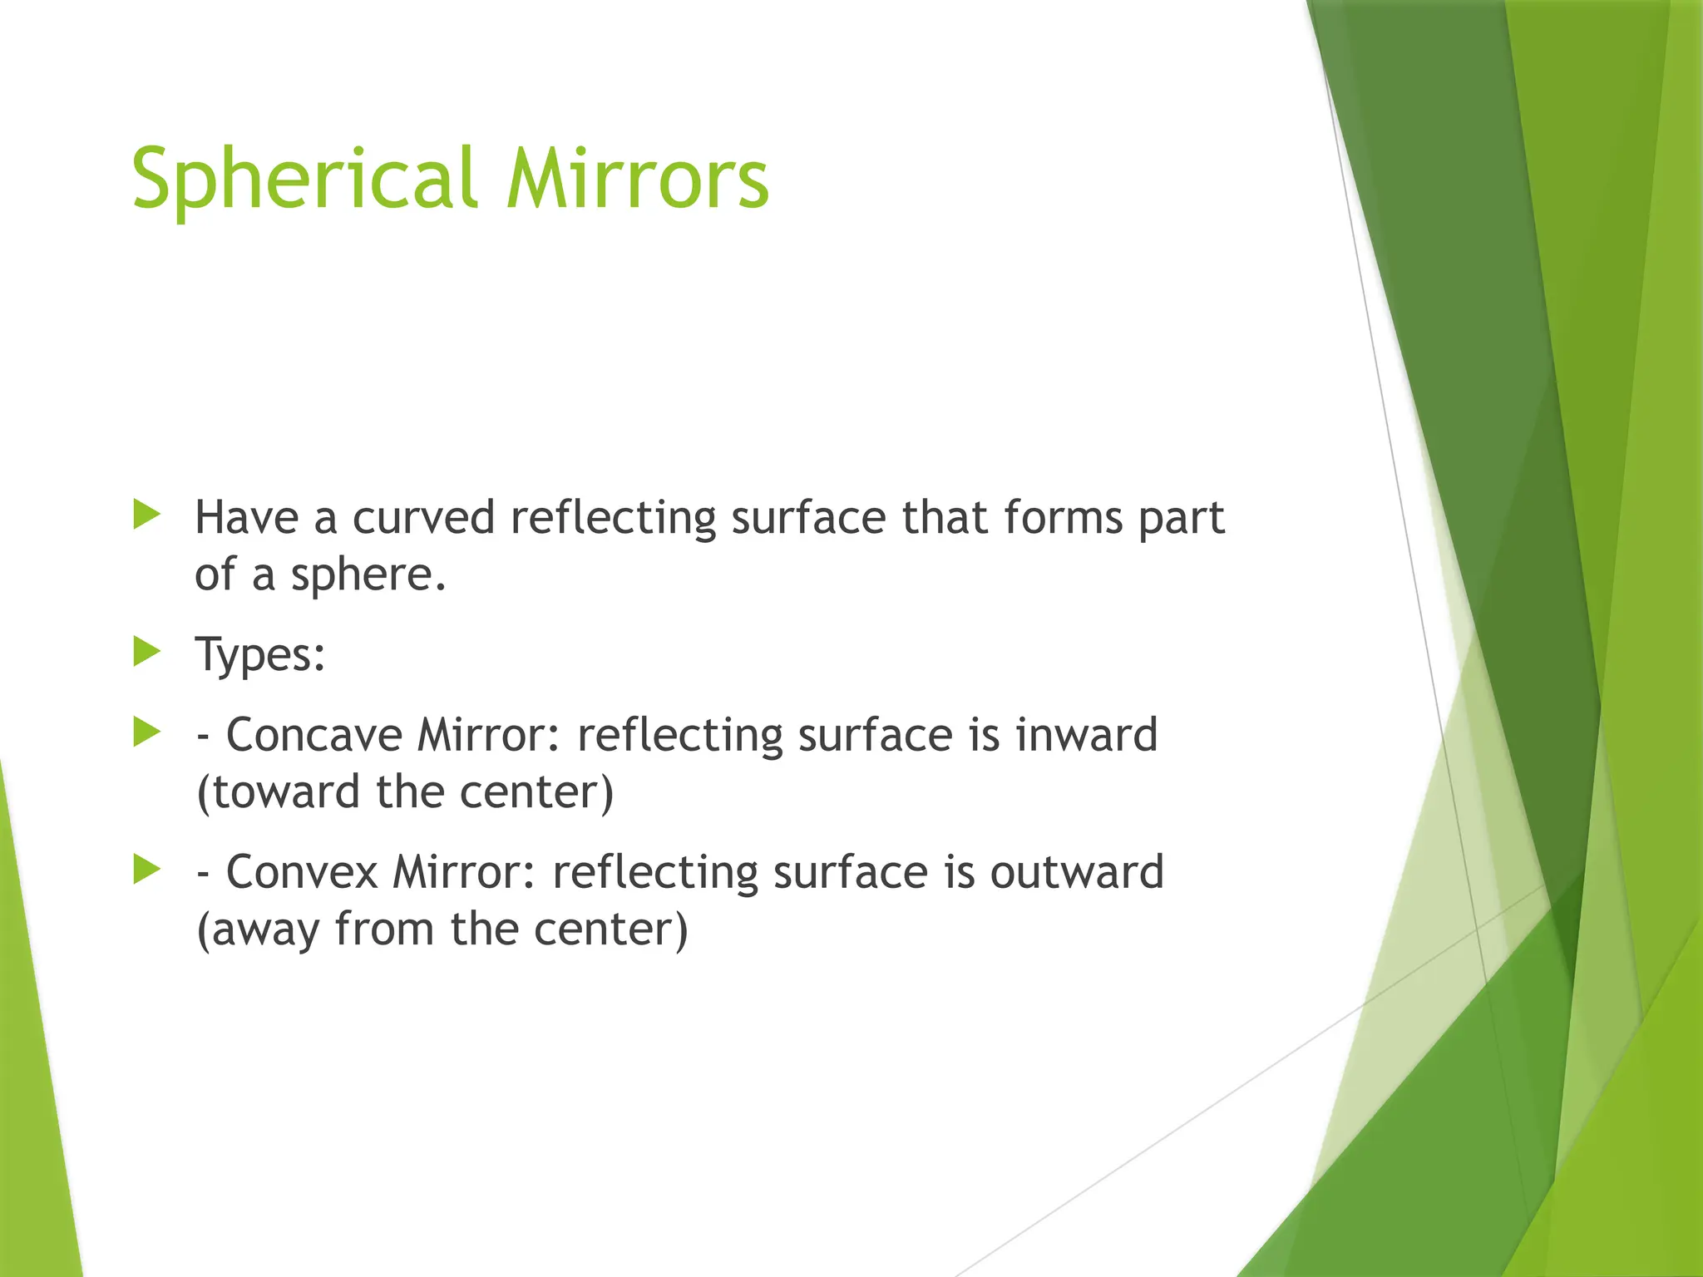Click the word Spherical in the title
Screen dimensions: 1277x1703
304,179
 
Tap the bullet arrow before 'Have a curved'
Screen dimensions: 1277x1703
146,515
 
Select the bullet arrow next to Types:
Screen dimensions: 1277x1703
146,652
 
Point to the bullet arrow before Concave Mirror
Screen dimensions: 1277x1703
146,732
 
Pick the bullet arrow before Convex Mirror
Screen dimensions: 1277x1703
146,870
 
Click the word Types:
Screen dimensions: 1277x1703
260,655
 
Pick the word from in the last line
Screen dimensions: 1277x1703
384,929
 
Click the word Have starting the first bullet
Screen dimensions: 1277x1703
246,518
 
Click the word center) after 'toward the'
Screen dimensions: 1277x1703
536,792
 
